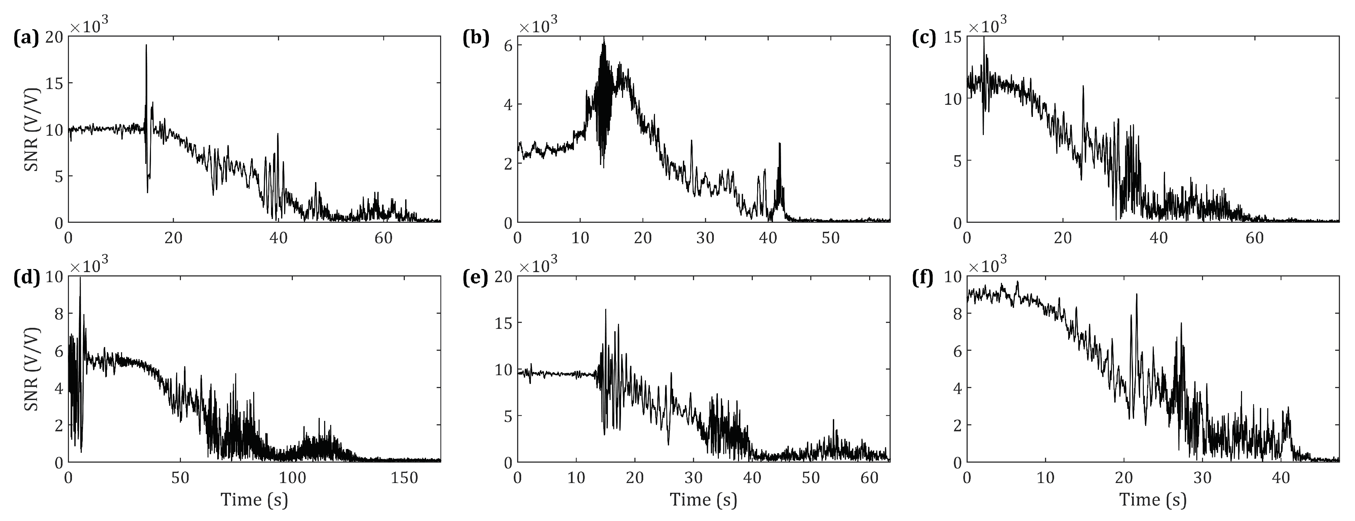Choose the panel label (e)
point(475,278)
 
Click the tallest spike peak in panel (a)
point(146,45)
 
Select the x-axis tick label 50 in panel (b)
point(830,237)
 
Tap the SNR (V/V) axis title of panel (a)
point(33,129)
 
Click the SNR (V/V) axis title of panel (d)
point(33,369)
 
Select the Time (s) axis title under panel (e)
point(703,500)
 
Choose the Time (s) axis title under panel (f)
point(1153,500)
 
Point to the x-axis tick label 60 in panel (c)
point(1254,237)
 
